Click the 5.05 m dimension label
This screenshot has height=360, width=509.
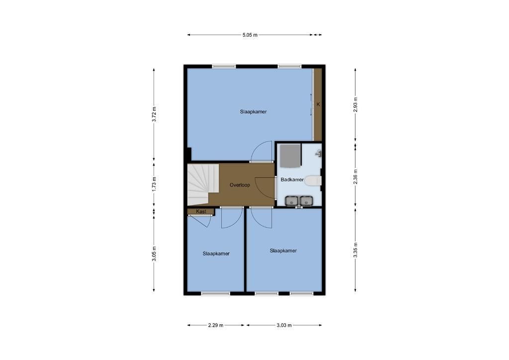250,35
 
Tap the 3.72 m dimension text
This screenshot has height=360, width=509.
154,114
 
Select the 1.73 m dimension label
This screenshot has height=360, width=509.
154,184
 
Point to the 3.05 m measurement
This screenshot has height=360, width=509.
154,254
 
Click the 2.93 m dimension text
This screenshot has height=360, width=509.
355,104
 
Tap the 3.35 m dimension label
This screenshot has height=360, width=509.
355,250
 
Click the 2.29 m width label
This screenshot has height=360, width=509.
216,325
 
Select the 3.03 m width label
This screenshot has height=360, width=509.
284,325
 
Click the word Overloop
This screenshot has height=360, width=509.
240,185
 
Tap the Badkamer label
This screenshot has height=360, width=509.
292,180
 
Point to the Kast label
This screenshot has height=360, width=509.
201,212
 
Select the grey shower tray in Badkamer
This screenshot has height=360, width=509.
290,156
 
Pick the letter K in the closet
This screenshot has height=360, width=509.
318,104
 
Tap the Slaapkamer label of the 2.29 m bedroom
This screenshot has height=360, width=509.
216,254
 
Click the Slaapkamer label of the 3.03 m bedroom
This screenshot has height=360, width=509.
283,251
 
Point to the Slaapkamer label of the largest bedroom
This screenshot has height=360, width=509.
254,112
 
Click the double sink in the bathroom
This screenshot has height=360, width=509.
299,201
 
